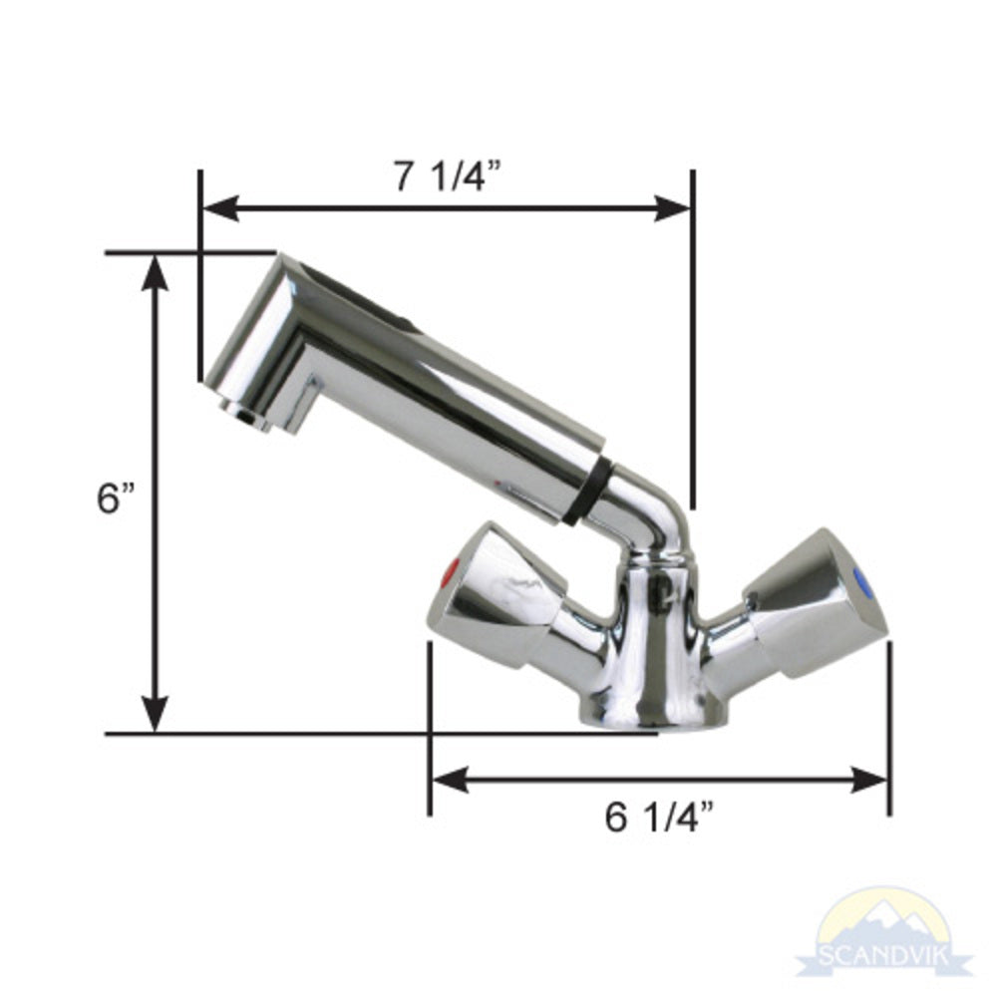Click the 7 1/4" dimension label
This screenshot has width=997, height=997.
[446, 176]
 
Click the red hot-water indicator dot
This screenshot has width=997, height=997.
[451, 575]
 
